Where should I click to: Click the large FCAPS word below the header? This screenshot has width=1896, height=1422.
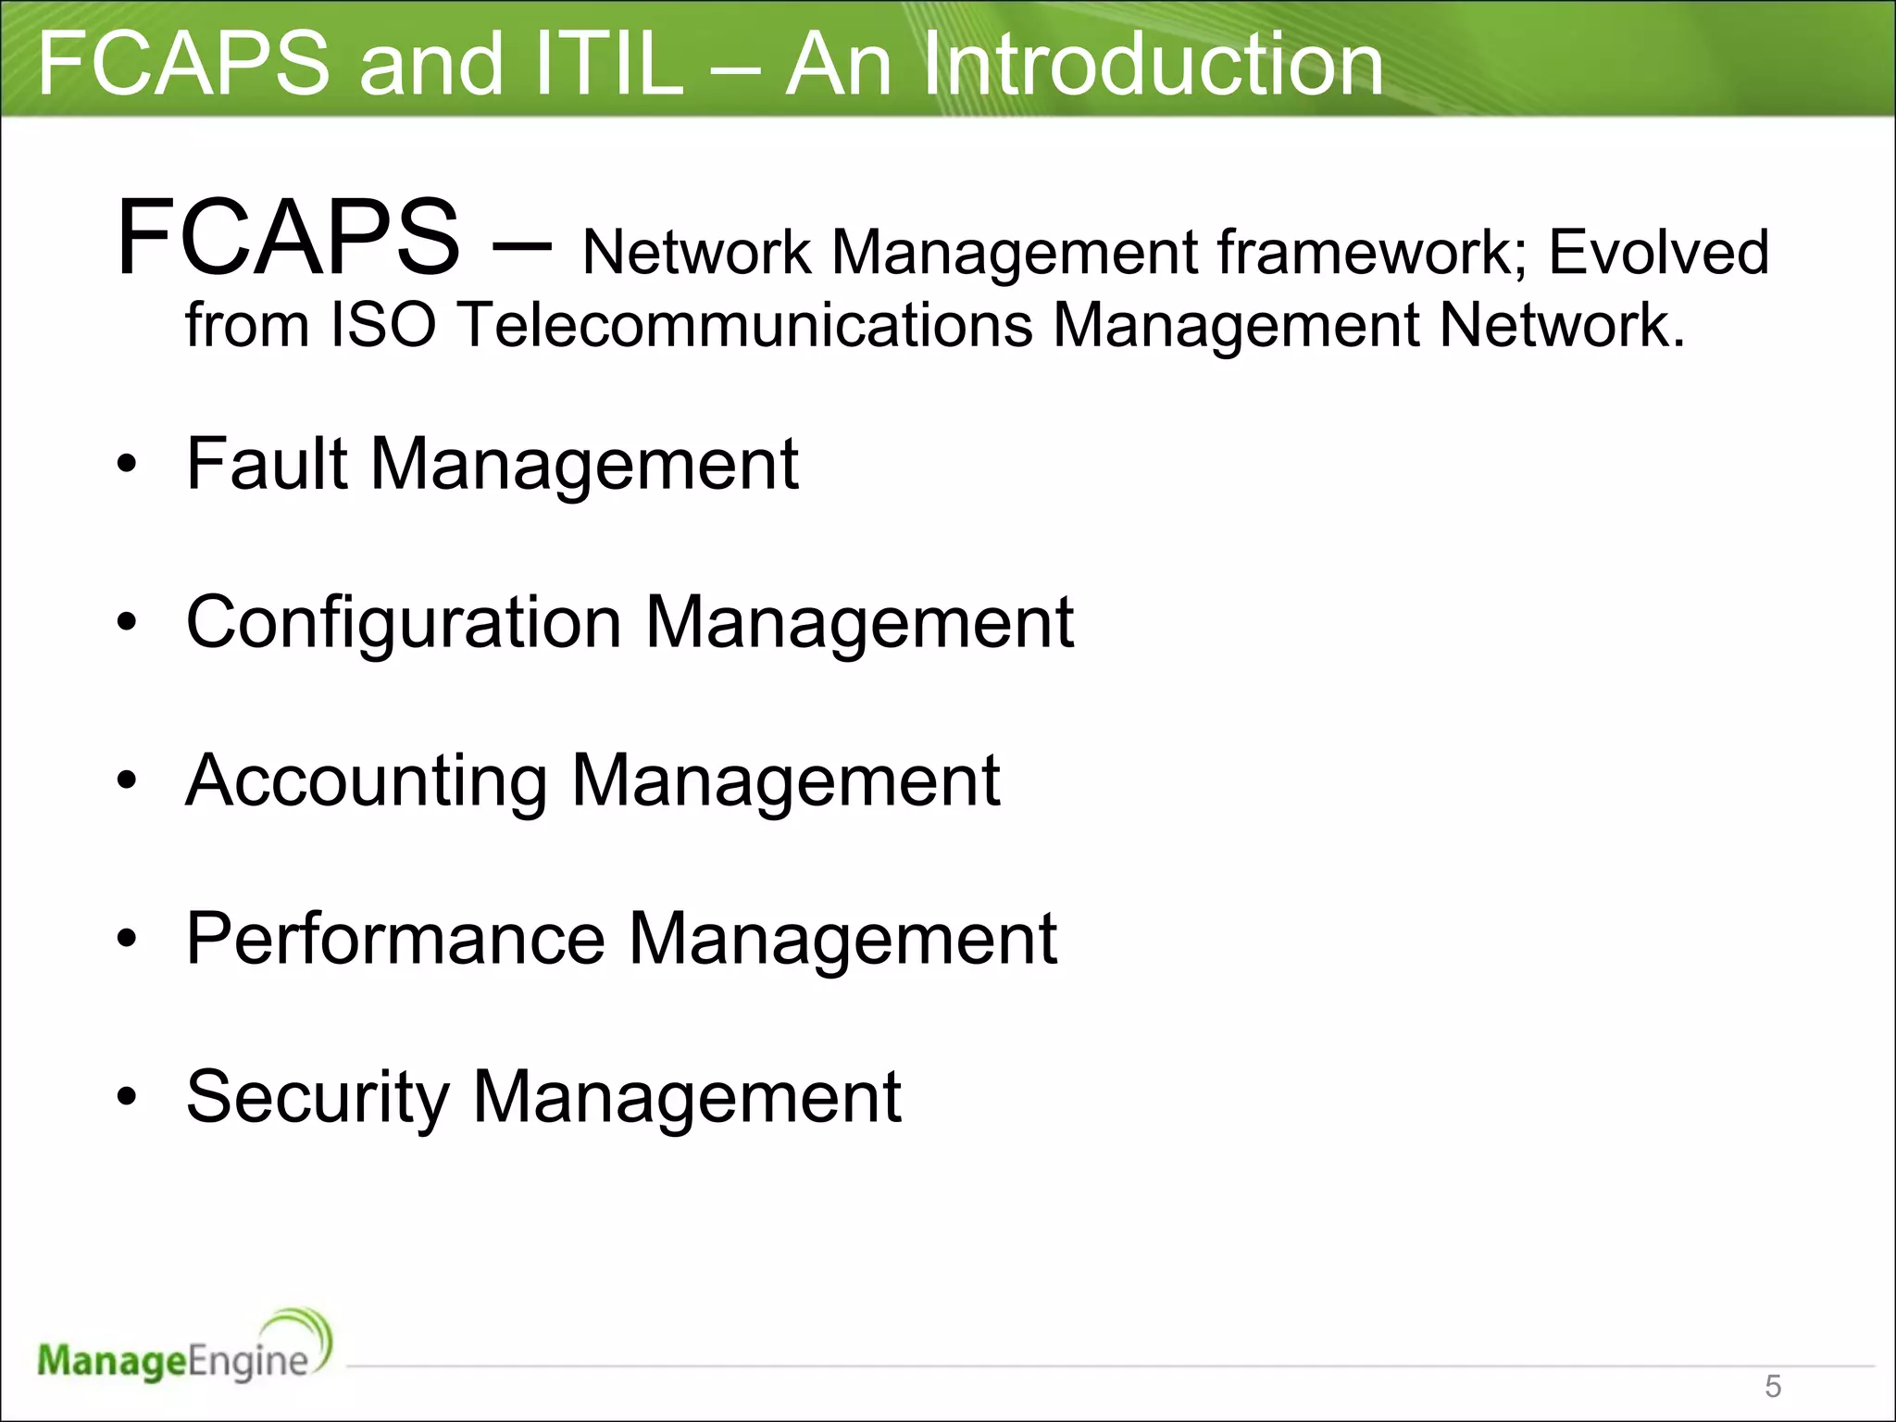[288, 239]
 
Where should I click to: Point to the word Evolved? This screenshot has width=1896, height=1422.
[1658, 252]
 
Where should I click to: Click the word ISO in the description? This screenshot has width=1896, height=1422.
[383, 325]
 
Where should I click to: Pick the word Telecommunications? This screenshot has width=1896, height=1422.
[745, 325]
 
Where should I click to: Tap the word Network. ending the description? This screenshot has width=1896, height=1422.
[1562, 325]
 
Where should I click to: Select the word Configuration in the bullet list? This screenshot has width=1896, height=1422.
[404, 622]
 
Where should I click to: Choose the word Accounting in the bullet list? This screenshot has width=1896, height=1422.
[367, 780]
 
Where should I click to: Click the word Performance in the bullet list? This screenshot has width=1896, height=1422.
[395, 939]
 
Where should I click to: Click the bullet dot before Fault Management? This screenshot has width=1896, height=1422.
[127, 465]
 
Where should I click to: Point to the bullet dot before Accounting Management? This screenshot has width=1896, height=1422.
[127, 781]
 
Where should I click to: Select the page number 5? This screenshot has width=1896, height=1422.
[1773, 1386]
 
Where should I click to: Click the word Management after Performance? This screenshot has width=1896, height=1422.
[842, 939]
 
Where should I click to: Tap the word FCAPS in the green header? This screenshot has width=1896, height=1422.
[183, 64]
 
